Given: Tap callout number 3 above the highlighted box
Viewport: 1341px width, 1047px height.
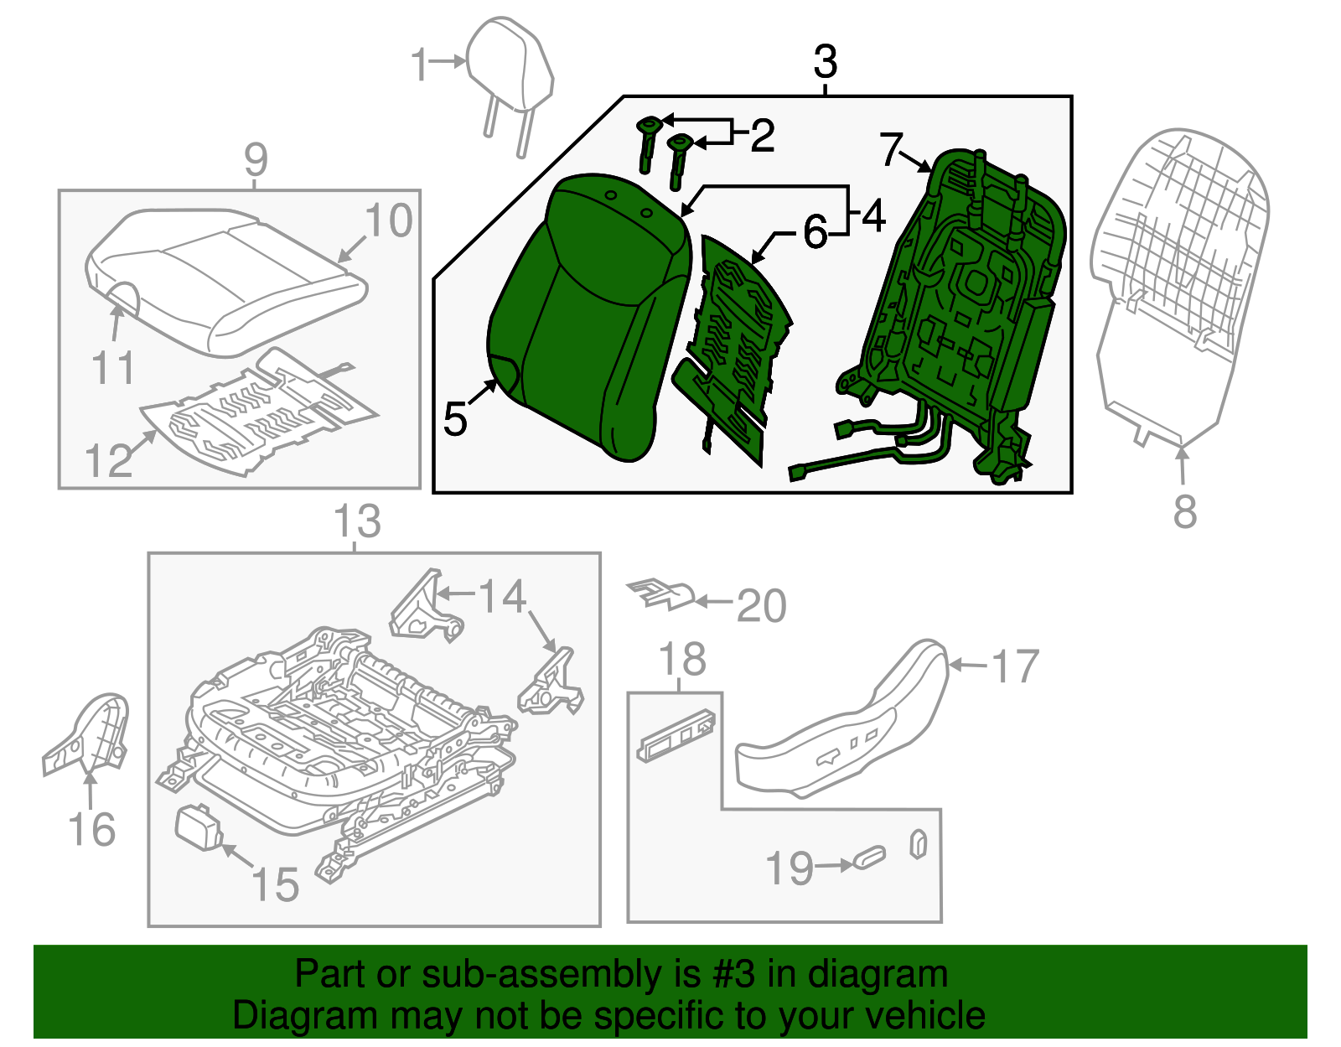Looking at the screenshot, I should point(826,62).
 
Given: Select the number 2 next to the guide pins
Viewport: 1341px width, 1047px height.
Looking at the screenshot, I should point(762,136).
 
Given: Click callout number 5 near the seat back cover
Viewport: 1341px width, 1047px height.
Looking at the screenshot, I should point(455,418).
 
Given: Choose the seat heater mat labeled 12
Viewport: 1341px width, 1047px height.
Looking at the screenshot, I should point(251,411).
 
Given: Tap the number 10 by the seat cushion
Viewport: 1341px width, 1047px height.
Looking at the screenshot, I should point(389,220).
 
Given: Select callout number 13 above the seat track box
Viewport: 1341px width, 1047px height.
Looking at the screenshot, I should point(357,521).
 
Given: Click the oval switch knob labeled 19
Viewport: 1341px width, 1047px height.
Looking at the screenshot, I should point(869,858).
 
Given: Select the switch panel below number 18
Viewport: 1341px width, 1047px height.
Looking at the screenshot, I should point(677,737).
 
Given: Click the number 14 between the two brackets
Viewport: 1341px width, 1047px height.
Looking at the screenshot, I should point(502,597).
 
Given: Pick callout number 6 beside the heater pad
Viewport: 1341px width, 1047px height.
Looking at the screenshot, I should point(815,232).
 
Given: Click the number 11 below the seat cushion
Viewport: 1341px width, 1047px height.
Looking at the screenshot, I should point(113,368).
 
